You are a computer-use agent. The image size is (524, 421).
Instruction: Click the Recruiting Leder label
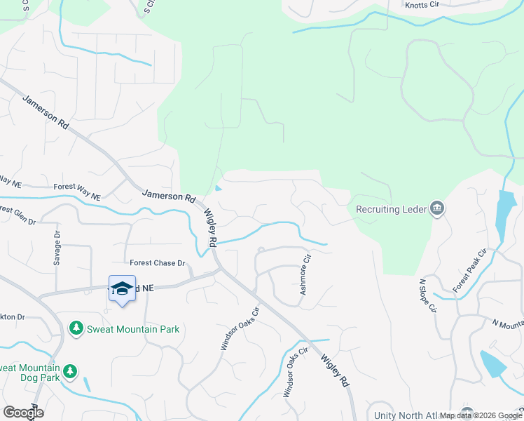click(x=392, y=208)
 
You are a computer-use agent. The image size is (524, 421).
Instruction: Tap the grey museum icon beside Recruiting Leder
click(x=437, y=208)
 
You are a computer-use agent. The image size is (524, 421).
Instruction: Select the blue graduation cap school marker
click(x=122, y=289)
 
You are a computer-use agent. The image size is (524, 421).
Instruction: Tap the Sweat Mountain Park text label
click(x=132, y=329)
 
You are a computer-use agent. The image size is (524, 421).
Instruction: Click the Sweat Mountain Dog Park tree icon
click(x=69, y=370)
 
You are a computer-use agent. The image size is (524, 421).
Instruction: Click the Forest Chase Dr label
click(x=157, y=263)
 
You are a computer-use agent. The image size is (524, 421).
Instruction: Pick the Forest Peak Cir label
click(x=470, y=270)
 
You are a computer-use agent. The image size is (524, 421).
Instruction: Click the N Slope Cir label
click(x=427, y=295)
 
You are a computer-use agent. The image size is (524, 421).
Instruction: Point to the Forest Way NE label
click(x=77, y=187)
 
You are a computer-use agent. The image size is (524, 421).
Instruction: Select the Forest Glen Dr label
click(x=18, y=213)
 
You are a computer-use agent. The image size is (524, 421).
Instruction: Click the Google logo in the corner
click(x=22, y=412)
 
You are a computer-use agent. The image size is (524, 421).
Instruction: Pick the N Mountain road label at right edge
click(x=507, y=323)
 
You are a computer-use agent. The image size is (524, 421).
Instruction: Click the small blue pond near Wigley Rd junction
click(x=219, y=187)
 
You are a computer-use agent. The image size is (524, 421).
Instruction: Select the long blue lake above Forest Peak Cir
click(x=502, y=214)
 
